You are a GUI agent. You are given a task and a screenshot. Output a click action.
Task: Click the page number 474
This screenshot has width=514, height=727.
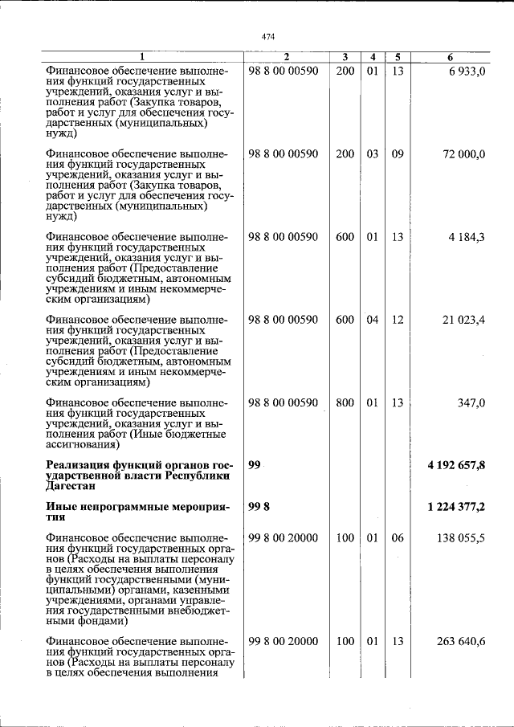coord(268,35)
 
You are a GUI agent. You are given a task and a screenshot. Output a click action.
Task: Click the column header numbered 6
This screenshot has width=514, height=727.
coord(451,57)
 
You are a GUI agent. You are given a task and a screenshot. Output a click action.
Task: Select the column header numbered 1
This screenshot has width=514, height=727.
coord(143,57)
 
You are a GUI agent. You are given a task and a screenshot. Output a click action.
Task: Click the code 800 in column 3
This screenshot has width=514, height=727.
coord(345,402)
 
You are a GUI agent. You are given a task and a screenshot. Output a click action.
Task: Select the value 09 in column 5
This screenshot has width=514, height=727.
coord(398,154)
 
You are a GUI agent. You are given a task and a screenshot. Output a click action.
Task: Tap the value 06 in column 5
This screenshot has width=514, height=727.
coord(398,537)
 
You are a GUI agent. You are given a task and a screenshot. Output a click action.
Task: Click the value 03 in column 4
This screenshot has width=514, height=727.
coord(372,154)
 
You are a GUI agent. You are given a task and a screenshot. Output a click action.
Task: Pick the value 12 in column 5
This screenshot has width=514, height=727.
coord(398,320)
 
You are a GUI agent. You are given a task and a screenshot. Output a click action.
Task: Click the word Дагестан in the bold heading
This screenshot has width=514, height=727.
coord(71,487)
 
